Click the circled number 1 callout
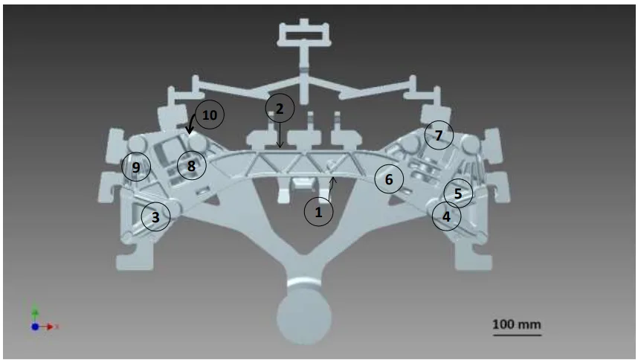(318, 211)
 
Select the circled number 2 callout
(280, 108)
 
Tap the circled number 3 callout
(155, 216)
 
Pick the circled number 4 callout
(446, 216)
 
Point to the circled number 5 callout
(458, 193)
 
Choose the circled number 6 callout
(389, 179)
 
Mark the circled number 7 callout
(439, 135)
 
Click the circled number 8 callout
(192, 166)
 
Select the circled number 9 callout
(136, 167)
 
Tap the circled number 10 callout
(210, 115)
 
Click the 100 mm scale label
(517, 324)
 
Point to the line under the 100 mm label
(517, 335)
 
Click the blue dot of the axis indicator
(35, 327)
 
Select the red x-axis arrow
(47, 327)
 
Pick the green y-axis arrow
(35, 313)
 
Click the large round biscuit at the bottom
(304, 316)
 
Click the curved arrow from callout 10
(190, 123)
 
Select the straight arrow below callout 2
(280, 135)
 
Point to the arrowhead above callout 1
(333, 179)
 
